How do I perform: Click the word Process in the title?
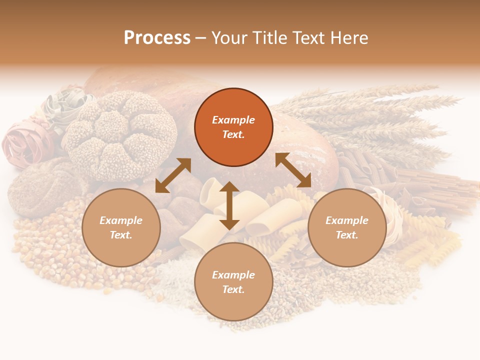(157, 38)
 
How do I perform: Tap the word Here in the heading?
(348, 38)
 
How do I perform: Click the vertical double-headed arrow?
(229, 205)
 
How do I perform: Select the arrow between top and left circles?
(173, 175)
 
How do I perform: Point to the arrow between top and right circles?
(293, 170)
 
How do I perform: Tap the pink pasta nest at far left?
(25, 142)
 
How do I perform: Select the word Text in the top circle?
(233, 134)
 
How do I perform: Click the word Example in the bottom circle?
(233, 275)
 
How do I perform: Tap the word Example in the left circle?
(121, 220)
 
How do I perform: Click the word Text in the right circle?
(347, 235)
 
